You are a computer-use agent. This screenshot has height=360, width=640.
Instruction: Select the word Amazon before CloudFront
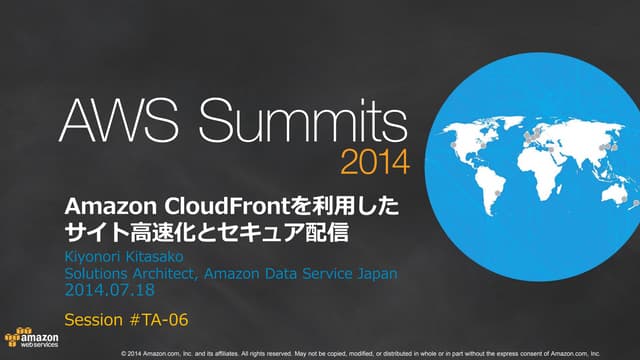pos(99,206)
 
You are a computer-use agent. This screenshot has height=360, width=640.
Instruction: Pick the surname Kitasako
pos(166,256)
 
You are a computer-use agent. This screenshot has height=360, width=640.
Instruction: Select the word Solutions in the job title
pos(98,273)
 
